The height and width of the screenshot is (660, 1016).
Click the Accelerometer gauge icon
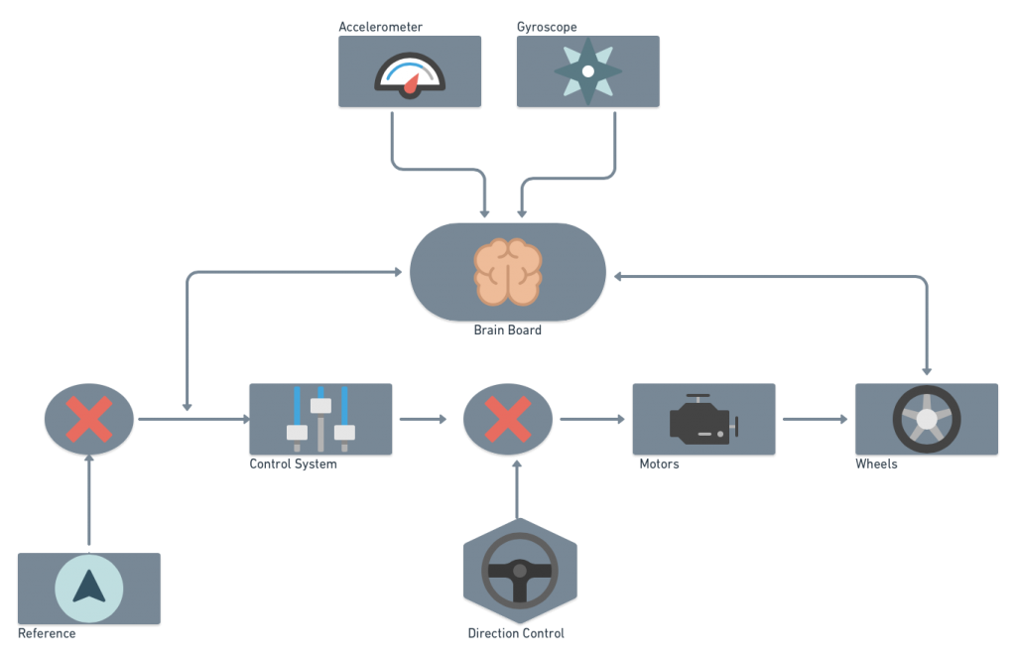coord(410,75)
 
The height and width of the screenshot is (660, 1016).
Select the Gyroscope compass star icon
coord(587,71)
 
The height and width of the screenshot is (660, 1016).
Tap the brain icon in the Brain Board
coord(508,271)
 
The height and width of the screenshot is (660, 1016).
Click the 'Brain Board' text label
coord(508,330)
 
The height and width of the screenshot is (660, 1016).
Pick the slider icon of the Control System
coord(320,419)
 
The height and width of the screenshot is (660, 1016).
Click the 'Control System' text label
coord(294,464)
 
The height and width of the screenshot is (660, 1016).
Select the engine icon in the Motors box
coord(703,419)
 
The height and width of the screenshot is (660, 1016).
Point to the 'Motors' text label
coord(660,464)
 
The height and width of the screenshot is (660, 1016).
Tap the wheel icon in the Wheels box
coord(927,419)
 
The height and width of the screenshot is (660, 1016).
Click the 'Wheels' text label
coord(877,464)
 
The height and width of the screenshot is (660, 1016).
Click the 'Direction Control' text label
coord(516,633)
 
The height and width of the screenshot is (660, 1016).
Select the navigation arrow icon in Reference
coord(89,588)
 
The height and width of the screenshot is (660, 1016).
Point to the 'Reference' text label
coord(47,633)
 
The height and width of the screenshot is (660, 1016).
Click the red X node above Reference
coord(89,419)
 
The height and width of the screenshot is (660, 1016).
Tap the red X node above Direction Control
coord(508,419)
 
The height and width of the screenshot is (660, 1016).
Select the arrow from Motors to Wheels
coord(815,419)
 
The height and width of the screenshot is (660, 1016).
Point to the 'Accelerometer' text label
coord(380,27)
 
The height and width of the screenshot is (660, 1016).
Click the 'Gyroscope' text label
coord(548,27)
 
